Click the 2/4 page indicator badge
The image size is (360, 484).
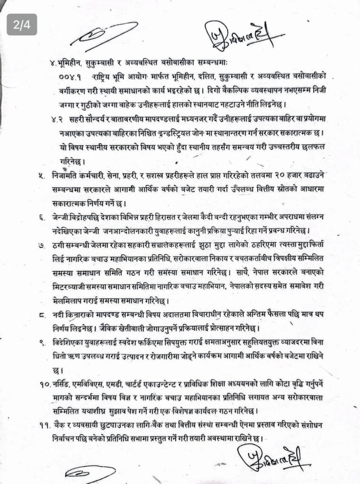click(x=22, y=25)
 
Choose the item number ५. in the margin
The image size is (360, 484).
click(x=42, y=175)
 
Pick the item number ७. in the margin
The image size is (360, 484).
click(x=42, y=245)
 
